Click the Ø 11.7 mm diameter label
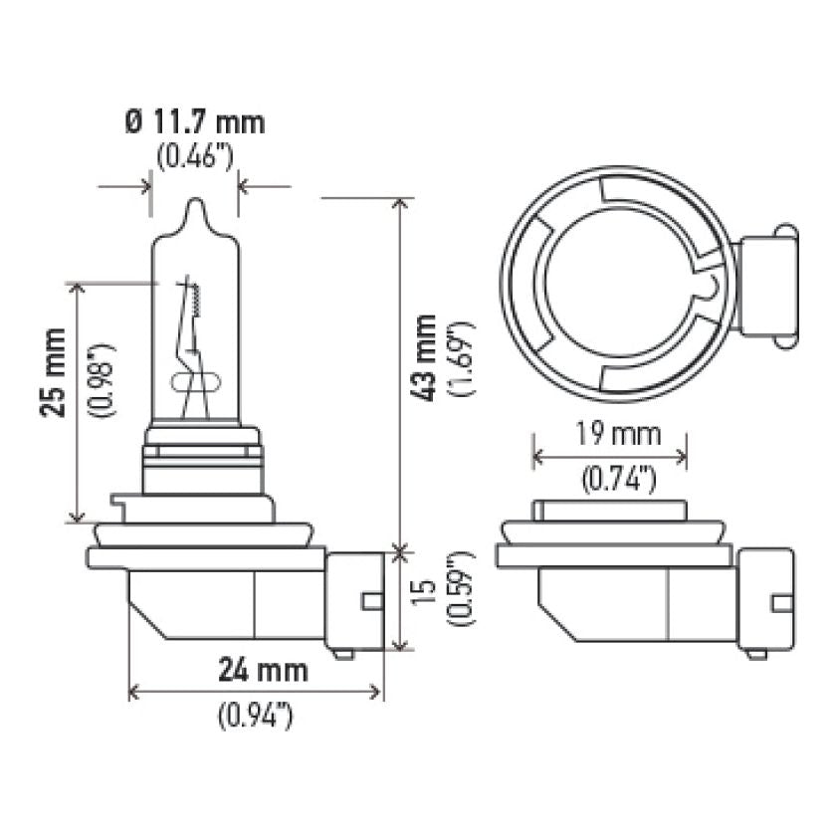coord(195,122)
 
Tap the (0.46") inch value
coord(195,155)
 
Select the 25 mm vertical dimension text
coord(58,371)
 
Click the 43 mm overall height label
coord(426,357)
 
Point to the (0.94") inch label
coord(256,715)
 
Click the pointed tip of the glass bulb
coord(195,203)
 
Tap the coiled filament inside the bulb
coord(196,298)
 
